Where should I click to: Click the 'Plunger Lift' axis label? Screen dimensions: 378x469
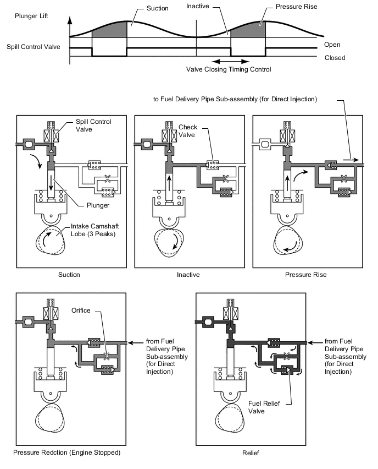click(x=31, y=16)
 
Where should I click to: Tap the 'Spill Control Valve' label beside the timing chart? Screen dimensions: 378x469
click(x=34, y=47)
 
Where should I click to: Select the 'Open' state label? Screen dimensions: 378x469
click(x=332, y=45)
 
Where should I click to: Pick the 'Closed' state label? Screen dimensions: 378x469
click(x=335, y=58)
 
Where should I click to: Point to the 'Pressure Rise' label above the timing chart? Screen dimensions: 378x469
click(x=296, y=7)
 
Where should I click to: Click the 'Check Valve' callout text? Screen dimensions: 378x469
click(x=187, y=131)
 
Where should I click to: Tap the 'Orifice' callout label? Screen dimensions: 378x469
click(x=81, y=310)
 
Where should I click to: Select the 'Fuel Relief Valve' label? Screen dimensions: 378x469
click(x=264, y=407)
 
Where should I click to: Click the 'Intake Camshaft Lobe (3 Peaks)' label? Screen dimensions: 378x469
click(x=94, y=230)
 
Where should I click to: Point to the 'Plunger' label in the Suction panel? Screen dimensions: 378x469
click(x=98, y=205)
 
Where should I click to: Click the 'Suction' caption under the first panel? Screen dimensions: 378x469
click(x=69, y=275)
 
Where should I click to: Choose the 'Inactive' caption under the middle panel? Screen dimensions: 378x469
click(x=188, y=275)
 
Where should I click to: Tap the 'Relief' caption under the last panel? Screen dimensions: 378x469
click(x=251, y=453)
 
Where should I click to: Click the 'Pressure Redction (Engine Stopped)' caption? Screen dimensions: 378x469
click(x=67, y=452)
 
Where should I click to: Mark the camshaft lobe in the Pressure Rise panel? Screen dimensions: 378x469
click(x=288, y=240)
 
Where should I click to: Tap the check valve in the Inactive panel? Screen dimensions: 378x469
click(x=213, y=165)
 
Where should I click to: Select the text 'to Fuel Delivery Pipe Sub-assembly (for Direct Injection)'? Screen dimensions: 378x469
click(x=235, y=99)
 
